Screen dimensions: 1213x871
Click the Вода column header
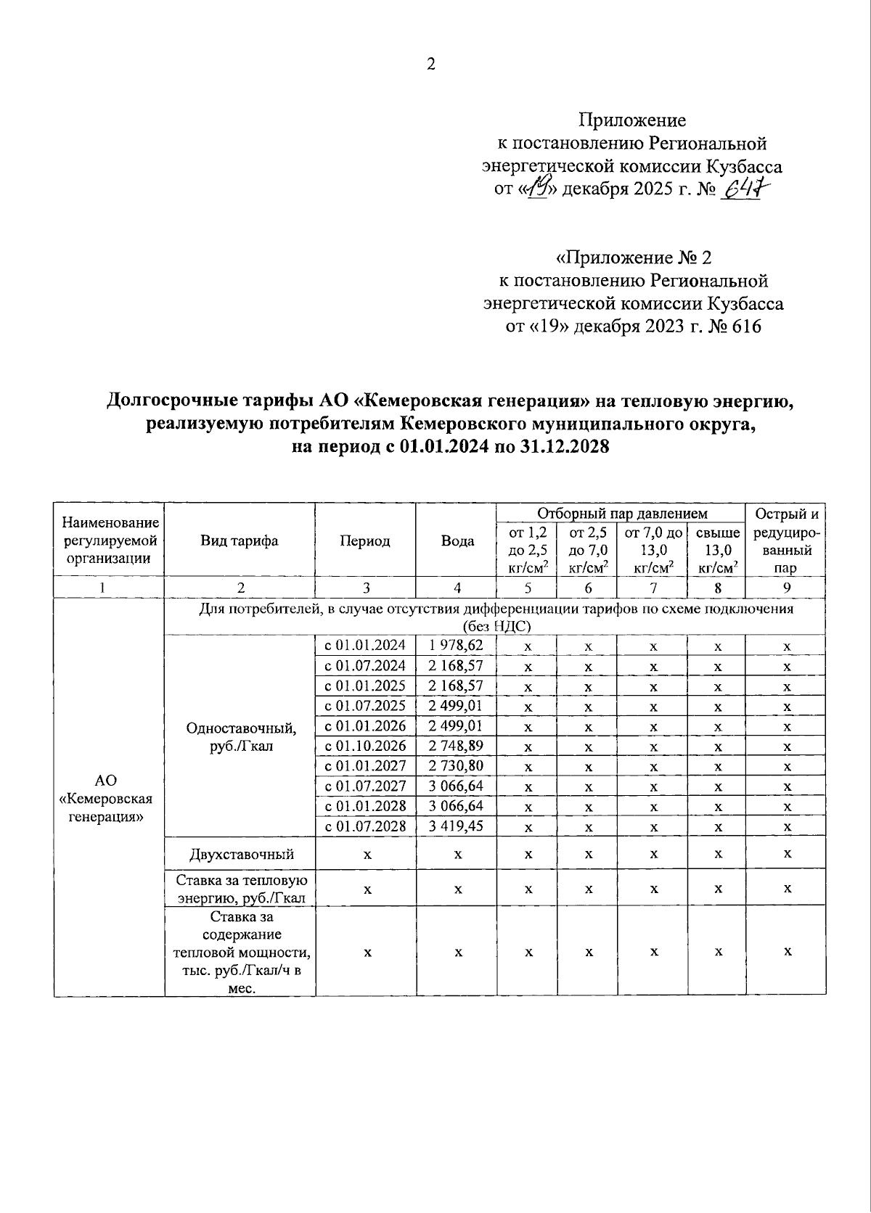point(457,540)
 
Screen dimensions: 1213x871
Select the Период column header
point(364,540)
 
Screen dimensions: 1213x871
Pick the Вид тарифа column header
point(240,540)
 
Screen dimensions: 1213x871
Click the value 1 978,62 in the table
point(456,645)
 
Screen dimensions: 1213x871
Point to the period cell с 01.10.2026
point(365,746)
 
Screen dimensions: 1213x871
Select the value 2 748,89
point(456,746)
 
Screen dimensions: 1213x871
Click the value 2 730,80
point(456,765)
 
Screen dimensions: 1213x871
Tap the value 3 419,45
point(456,826)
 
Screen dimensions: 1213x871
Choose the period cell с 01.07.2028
point(365,826)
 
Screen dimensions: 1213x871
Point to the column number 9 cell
point(787,588)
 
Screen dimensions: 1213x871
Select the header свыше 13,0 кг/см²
point(717,551)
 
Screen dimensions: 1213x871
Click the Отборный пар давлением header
point(622,514)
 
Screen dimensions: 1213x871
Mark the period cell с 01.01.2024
point(365,645)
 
